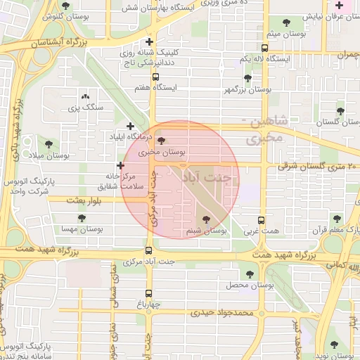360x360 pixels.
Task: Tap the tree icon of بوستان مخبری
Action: click(162, 141)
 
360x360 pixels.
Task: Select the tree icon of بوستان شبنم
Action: click(205, 219)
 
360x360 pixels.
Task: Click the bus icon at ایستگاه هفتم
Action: click(155, 77)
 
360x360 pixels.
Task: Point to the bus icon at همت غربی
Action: click(262, 219)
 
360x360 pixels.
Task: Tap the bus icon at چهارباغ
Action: click(148, 294)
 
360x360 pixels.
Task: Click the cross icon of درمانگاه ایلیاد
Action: click(130, 126)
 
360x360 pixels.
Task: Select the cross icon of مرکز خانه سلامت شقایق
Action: click(120, 165)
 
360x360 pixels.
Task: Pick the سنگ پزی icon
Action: click(86, 96)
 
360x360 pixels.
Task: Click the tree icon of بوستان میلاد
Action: click(49, 143)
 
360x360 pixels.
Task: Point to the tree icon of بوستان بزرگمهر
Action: click(247, 79)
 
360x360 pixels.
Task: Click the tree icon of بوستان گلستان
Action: click(340, 111)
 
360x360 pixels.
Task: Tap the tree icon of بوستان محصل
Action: click(250, 274)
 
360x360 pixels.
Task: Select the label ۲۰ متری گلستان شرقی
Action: click(319, 166)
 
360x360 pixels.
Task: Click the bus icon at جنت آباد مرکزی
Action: click(148, 250)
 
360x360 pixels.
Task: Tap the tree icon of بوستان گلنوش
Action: click(65, 6)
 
